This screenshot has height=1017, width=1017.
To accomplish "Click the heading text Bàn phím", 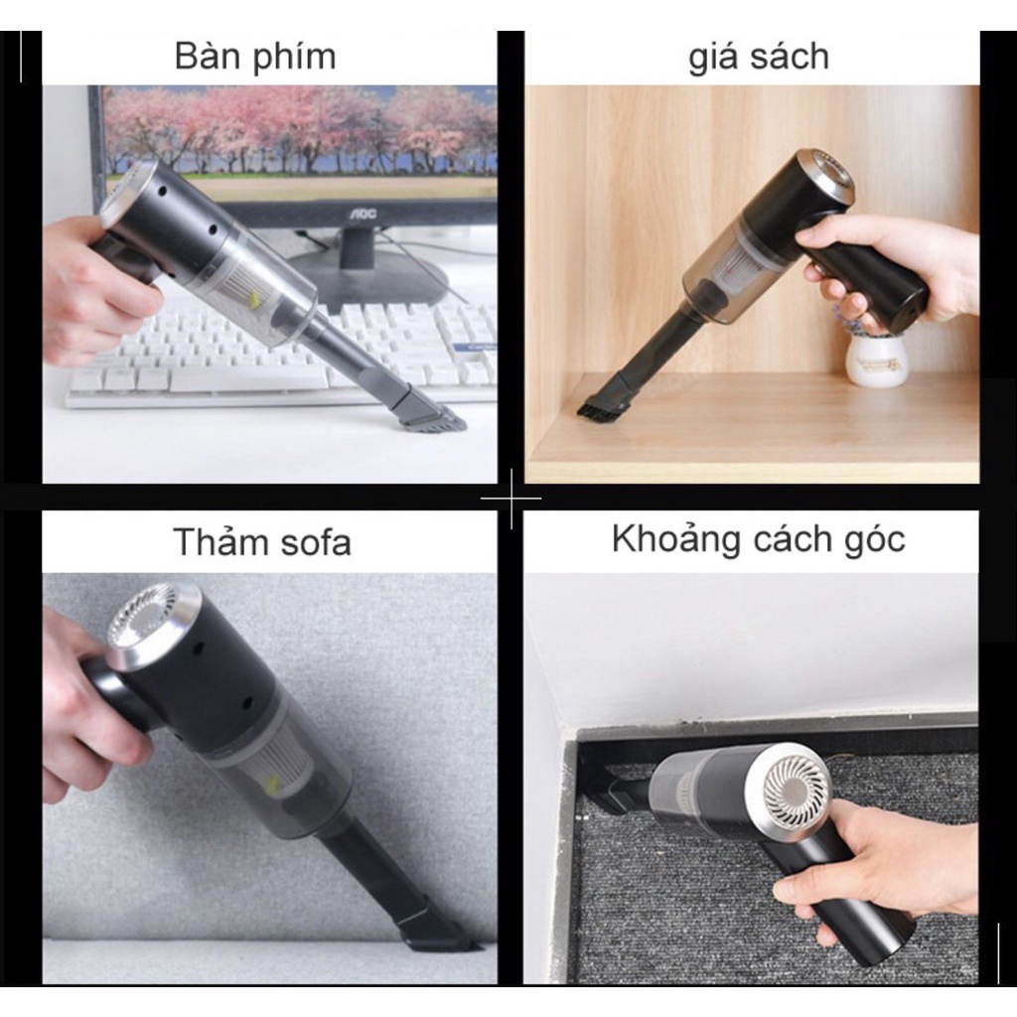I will [255, 57].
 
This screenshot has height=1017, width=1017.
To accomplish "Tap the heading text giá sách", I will [758, 57].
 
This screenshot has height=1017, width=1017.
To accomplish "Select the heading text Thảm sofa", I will [261, 542].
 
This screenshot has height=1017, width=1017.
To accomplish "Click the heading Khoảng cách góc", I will [758, 539].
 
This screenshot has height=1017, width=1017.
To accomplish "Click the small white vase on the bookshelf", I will [876, 360].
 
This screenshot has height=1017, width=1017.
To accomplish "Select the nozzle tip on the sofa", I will [437, 934].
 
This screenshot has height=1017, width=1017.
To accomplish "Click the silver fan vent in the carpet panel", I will [796, 791].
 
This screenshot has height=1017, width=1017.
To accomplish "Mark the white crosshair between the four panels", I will [510, 497].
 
